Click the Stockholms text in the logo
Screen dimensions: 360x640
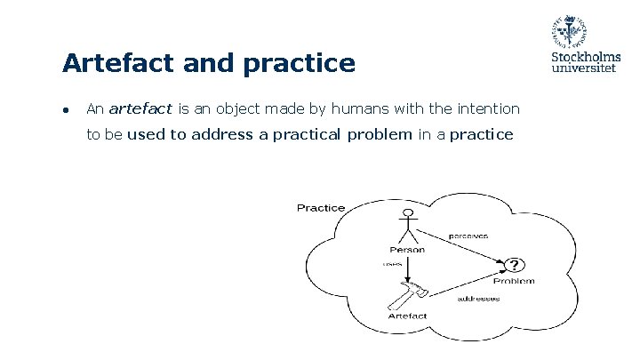point(587,57)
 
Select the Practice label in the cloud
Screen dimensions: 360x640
point(321,207)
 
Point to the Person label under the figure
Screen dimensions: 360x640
point(407,250)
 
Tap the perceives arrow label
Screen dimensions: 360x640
point(467,236)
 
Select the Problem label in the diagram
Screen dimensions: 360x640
point(515,281)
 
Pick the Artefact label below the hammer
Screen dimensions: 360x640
point(407,316)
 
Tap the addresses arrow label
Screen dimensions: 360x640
point(478,299)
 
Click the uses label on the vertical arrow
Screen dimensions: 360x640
point(392,264)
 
